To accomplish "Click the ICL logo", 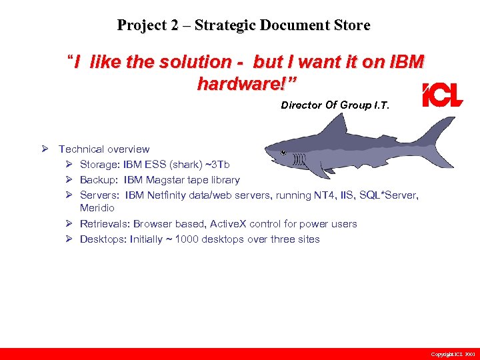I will click(x=443, y=96).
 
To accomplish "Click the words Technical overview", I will click(x=104, y=149).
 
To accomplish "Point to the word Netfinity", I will click(x=169, y=195).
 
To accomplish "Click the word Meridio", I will click(x=97, y=208).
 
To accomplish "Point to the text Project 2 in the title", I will click(x=147, y=25).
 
